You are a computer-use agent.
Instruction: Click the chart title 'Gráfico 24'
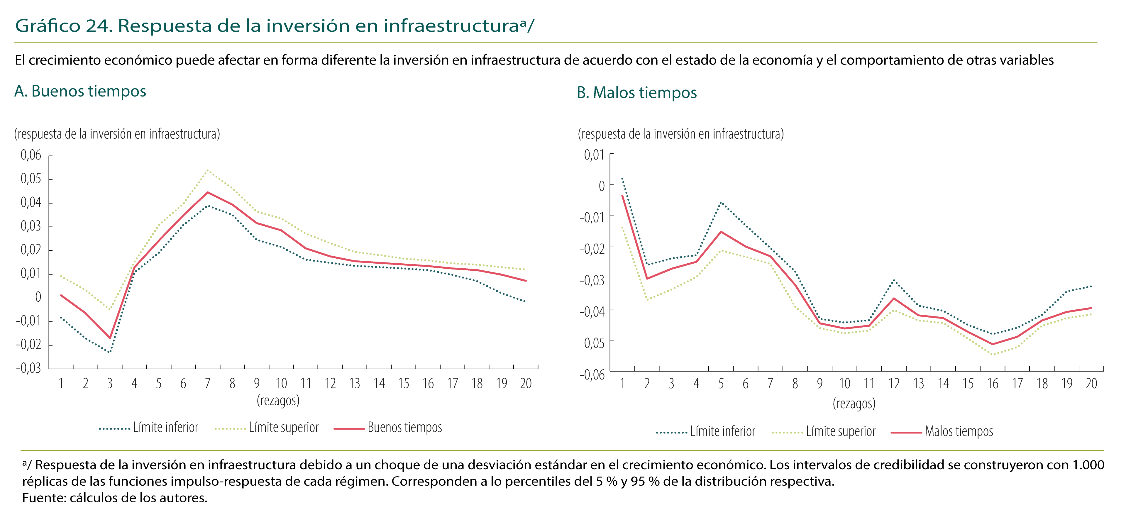[x=63, y=26]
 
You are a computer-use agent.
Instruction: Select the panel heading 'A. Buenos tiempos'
[x=80, y=91]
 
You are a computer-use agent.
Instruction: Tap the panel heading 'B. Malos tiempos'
[x=636, y=93]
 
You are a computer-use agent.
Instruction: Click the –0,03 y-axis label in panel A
[x=28, y=368]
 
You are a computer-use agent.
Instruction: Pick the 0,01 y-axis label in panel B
[x=594, y=155]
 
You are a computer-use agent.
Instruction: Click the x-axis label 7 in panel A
[x=208, y=384]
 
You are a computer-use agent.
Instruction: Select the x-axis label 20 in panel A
[x=525, y=384]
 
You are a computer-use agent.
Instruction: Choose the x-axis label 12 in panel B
[x=894, y=384]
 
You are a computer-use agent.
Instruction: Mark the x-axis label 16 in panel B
[x=993, y=384]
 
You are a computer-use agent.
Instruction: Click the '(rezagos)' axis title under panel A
[x=278, y=400]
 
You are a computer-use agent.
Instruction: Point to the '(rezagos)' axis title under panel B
[x=854, y=404]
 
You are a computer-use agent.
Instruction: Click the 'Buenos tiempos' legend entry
[x=404, y=427]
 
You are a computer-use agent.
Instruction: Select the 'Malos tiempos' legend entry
[x=959, y=431]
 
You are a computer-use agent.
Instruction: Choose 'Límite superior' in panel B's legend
[x=840, y=431]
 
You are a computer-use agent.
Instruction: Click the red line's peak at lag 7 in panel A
[x=208, y=192]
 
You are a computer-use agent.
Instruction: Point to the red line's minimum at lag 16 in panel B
[x=993, y=344]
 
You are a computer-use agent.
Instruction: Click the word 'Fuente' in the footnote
[x=43, y=498]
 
